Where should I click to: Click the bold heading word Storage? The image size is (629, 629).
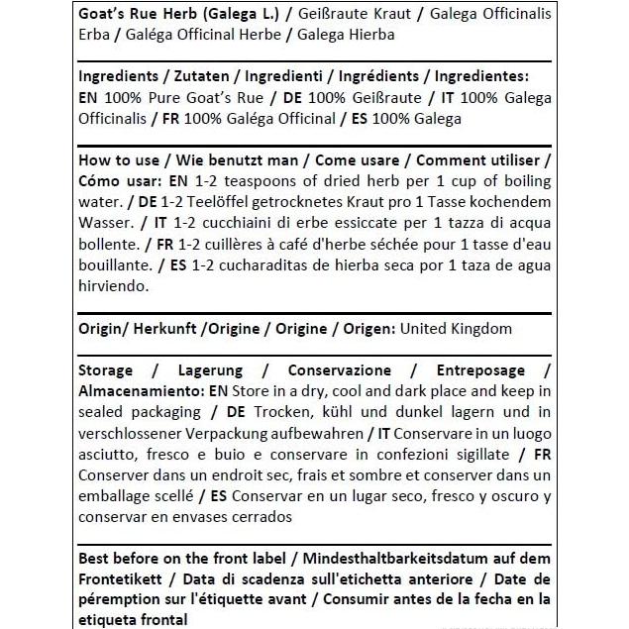click(105, 369)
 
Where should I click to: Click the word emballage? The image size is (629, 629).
click(115, 495)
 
